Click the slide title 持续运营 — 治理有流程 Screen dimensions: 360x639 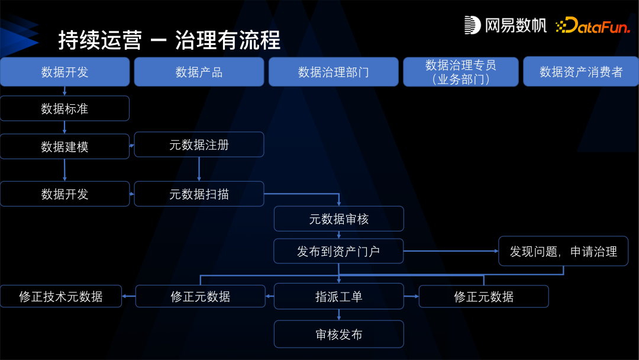coord(169,40)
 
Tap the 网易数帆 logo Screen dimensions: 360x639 coord(505,25)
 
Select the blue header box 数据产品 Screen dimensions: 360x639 coord(199,72)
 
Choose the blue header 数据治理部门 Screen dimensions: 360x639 coord(334,72)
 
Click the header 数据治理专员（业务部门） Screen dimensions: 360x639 coord(461,72)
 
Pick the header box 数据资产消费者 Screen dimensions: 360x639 coord(580,72)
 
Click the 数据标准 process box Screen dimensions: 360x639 coord(64,109)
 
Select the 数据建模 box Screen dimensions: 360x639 coord(64,147)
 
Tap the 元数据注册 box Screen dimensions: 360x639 coord(199,145)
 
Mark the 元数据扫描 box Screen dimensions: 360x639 coord(199,194)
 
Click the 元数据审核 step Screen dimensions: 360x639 coord(338,219)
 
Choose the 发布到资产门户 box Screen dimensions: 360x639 coord(338,251)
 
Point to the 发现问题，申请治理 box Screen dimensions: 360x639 coord(563,252)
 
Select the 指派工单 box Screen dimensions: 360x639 coord(338,297)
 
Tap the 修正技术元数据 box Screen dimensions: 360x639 coord(61,297)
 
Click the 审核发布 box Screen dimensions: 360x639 coord(338,335)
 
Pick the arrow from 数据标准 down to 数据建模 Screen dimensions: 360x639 coord(64,127)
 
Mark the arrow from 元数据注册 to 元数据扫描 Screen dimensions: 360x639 coord(199,169)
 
